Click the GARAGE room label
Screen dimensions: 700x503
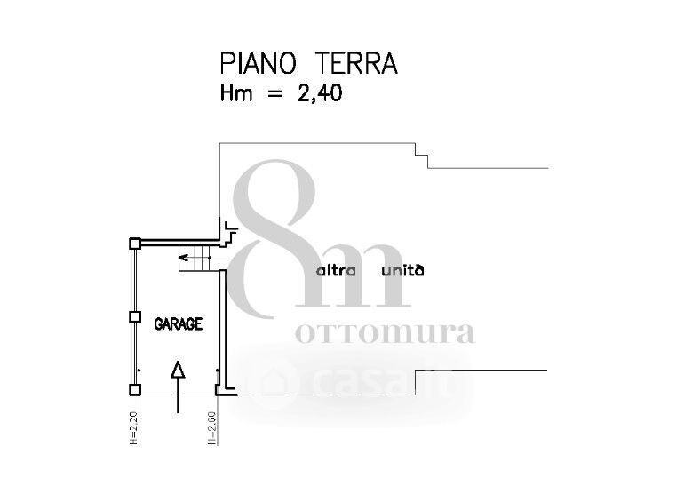(x=179, y=324)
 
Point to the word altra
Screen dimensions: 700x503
(x=337, y=270)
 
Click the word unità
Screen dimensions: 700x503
(x=402, y=270)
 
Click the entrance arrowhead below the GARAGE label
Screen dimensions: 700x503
(x=179, y=370)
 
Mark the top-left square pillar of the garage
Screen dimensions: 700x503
(x=133, y=243)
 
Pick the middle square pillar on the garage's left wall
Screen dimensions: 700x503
(x=134, y=316)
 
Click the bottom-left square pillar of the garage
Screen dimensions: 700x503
(x=133, y=389)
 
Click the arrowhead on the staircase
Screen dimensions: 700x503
(x=182, y=259)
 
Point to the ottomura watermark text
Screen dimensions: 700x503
(x=384, y=333)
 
